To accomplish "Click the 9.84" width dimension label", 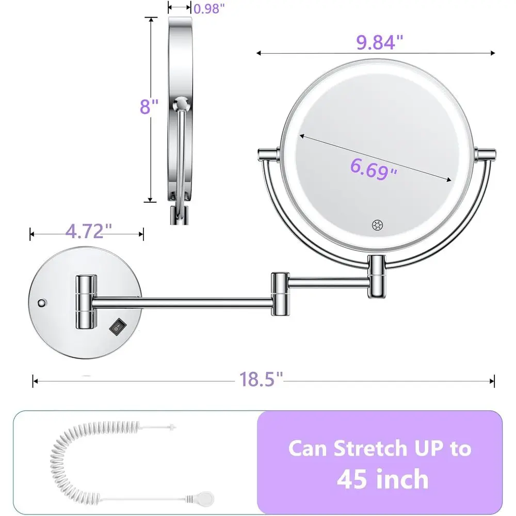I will point(379,43).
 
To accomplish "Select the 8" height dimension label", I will point(148,107).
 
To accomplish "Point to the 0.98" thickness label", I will point(209,8).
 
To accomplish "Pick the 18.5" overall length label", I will point(261,380).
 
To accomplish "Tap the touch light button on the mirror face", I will point(376,225).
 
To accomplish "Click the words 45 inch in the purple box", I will point(382,478).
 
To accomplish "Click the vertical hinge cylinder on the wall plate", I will point(86,302).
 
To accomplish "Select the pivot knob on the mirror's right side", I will point(486,153).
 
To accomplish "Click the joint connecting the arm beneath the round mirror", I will point(376,276).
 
